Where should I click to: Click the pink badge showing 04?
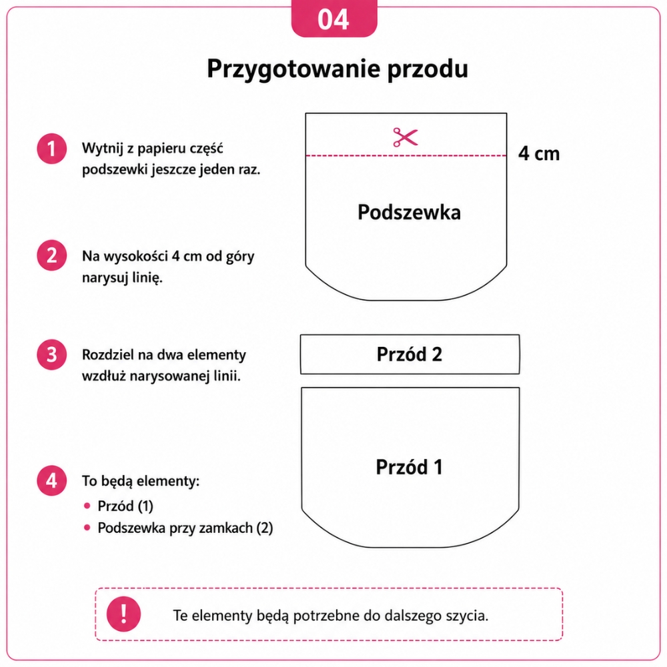[334, 18]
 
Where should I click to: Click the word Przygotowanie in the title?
[293, 69]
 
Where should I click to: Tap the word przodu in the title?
[428, 68]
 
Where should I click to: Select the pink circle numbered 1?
[51, 149]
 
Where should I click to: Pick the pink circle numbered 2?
[51, 255]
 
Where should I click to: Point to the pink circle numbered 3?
[51, 354]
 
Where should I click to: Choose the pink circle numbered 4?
[51, 480]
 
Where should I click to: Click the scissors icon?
[406, 137]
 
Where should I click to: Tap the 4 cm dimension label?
[538, 153]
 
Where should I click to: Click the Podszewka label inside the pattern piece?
[409, 212]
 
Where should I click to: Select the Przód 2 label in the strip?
[410, 354]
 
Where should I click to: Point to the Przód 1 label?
[409, 467]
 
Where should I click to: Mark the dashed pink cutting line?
[406, 155]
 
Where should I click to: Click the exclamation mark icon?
[123, 614]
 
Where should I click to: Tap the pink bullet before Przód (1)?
[87, 506]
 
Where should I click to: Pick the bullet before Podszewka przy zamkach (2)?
[87, 528]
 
